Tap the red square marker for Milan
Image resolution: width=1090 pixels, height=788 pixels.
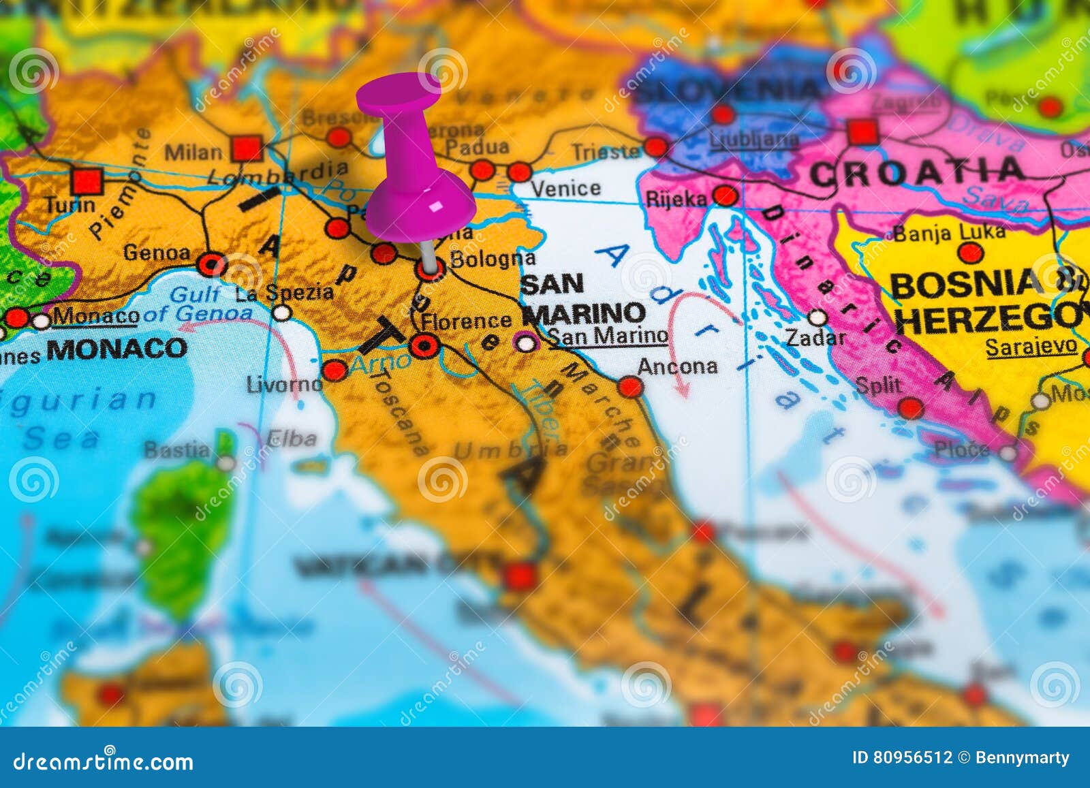[x=246, y=148]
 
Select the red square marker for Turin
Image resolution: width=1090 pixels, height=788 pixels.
[x=87, y=181]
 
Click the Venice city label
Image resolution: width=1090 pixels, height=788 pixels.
[x=565, y=188]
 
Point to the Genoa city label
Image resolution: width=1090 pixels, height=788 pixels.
[x=157, y=253]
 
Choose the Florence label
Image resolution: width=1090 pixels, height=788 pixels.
[x=466, y=321]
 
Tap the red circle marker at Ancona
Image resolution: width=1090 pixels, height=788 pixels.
[x=631, y=387]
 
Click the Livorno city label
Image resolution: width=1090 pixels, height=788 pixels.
[x=284, y=385]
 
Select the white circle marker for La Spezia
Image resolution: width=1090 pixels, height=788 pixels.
[x=281, y=313]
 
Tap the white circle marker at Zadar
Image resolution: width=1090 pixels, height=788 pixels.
[x=818, y=317]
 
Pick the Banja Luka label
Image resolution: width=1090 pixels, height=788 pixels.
[x=949, y=233]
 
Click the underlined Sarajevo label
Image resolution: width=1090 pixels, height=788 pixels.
[x=1031, y=347]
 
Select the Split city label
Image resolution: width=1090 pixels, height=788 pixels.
[x=878, y=386]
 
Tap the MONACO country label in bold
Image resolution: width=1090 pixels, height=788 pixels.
[x=116, y=349]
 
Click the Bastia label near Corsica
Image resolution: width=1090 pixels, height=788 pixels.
[x=177, y=450]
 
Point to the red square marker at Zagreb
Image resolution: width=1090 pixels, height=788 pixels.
[x=862, y=131]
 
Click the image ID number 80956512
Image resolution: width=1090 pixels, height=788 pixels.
[x=914, y=758]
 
